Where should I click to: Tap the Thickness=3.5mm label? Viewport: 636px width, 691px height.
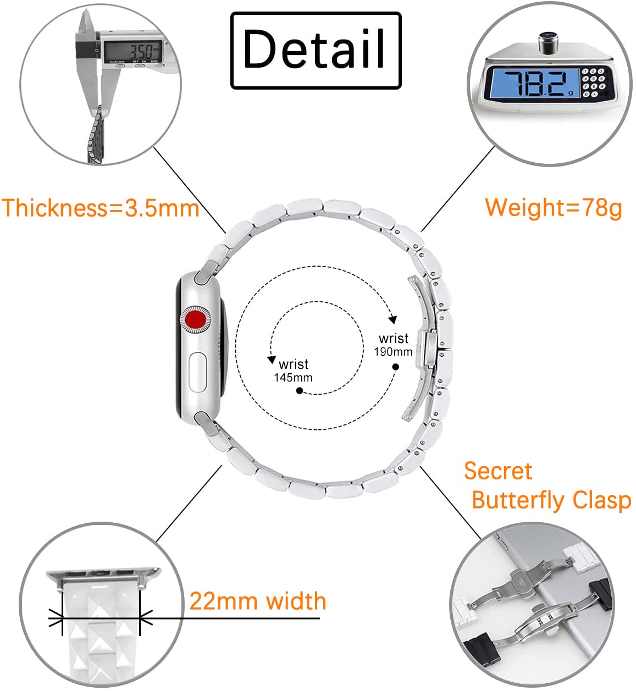click(x=100, y=208)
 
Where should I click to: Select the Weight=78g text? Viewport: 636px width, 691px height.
click(x=554, y=208)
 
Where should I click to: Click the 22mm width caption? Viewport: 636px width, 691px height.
click(x=258, y=601)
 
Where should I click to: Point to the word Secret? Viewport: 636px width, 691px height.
click(x=498, y=471)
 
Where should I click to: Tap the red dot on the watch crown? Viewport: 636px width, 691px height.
click(x=195, y=319)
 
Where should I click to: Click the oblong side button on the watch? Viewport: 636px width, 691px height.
click(x=198, y=372)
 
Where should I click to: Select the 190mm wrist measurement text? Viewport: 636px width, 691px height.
click(x=393, y=352)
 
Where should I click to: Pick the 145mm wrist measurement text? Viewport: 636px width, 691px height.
click(x=293, y=378)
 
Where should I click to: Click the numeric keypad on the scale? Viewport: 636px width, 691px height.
click(x=593, y=82)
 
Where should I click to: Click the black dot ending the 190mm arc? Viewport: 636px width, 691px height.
click(x=396, y=367)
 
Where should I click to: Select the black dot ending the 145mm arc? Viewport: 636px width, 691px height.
click(x=300, y=391)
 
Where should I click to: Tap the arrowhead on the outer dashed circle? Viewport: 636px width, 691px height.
click(x=393, y=319)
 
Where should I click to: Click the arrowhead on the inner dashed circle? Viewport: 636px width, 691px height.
click(x=272, y=360)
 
